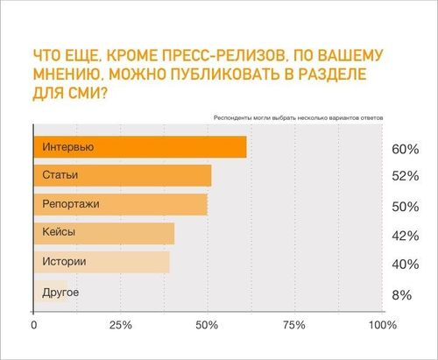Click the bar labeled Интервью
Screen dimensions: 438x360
coord(140,147)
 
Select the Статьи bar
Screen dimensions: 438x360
coord(123,175)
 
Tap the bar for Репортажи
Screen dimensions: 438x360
coord(121,204)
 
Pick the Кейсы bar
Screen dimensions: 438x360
coord(104,233)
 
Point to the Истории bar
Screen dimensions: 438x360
coord(102,262)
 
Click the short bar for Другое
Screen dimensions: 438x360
coord(51,291)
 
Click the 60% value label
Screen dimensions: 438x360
coord(406,149)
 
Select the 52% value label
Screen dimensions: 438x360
coord(406,176)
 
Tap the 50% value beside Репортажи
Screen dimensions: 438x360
coord(406,207)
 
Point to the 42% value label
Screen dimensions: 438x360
coord(406,236)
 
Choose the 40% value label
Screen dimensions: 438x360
coord(406,265)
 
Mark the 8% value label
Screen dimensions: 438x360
coord(402,295)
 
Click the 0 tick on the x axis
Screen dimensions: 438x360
coord(34,325)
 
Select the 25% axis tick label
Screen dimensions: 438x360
coord(121,325)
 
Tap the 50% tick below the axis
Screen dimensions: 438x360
coord(207,325)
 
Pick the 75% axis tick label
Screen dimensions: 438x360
coord(294,325)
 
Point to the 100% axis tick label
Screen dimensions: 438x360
coord(383,325)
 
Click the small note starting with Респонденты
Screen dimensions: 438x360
coord(298,118)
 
